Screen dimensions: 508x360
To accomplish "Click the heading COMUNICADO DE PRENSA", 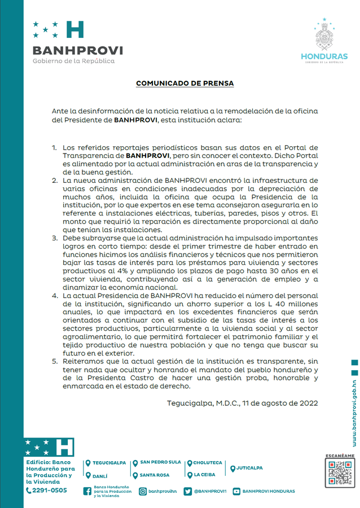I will [185, 84].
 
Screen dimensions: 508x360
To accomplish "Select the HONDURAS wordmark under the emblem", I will [324, 56].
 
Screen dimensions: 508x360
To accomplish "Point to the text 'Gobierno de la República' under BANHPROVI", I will [73, 61].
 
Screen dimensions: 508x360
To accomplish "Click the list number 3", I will [55, 238].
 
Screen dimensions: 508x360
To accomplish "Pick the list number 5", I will [55, 361].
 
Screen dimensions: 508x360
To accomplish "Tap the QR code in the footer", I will [340, 473].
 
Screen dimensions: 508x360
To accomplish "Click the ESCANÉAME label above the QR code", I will [340, 456].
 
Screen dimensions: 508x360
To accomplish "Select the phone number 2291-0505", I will [50, 491].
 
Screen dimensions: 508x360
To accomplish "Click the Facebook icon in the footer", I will [87, 491].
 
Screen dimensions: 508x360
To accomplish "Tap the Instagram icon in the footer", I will [143, 491].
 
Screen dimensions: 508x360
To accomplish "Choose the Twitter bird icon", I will [188, 491].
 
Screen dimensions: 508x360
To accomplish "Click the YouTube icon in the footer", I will [236, 491].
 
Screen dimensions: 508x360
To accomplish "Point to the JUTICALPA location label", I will [249, 468].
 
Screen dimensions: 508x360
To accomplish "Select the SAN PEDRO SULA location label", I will [160, 462].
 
